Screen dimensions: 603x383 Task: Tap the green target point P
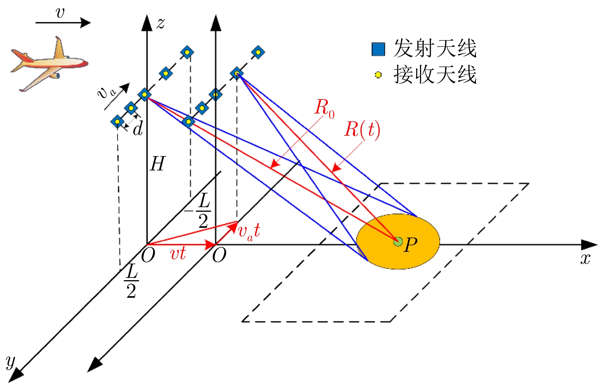click(x=398, y=242)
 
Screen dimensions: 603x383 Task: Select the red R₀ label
click(x=324, y=109)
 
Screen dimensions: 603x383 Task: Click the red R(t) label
click(x=362, y=130)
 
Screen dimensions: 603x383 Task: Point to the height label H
click(x=158, y=164)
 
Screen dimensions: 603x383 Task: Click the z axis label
click(x=161, y=23)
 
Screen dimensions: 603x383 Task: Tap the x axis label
click(x=585, y=259)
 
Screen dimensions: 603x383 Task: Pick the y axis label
click(x=11, y=362)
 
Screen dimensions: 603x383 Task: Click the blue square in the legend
click(x=378, y=49)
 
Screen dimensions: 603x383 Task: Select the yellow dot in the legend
click(x=378, y=75)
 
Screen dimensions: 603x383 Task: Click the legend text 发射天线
click(x=435, y=49)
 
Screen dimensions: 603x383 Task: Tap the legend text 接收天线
click(x=435, y=75)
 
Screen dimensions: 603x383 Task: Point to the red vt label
click(x=178, y=253)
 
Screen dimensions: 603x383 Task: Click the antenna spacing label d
click(x=138, y=128)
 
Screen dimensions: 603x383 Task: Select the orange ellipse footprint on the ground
click(x=398, y=241)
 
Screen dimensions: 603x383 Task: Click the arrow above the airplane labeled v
click(x=63, y=23)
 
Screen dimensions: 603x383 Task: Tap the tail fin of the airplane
click(x=60, y=48)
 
